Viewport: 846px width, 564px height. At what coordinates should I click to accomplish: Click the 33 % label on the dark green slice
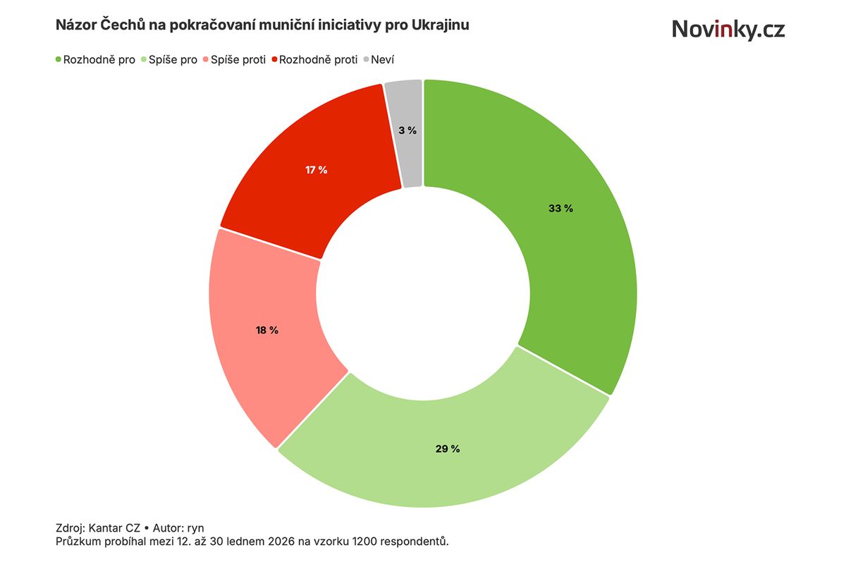pos(560,209)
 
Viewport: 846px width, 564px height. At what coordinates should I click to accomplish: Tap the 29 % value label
pos(448,449)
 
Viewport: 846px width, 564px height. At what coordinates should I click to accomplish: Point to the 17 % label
pos(316,170)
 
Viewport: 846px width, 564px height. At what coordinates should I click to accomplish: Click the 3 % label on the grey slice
pos(407,130)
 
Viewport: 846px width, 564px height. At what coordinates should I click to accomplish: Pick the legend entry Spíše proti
pos(238,60)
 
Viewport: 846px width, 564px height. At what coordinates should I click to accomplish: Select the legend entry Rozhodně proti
pos(318,60)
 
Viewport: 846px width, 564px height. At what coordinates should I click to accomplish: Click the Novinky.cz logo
pos(728,29)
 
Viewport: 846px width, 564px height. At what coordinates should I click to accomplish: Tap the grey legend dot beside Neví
pos(367,60)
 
